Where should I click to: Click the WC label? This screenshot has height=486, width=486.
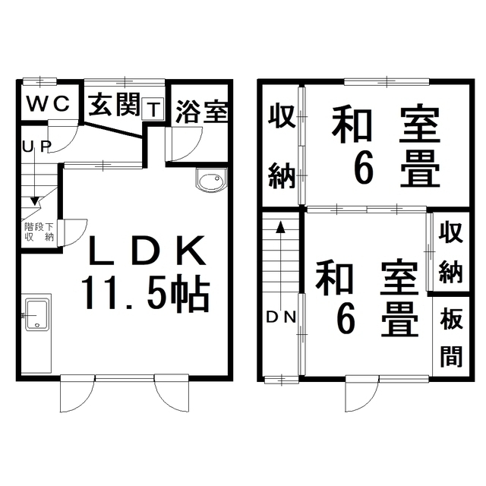[x=48, y=103]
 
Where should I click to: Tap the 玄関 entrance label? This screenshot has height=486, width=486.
[x=113, y=105]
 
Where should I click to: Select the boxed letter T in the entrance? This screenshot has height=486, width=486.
[x=153, y=109]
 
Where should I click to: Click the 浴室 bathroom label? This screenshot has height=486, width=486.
[x=202, y=112]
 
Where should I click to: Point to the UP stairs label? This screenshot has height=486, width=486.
[x=36, y=147]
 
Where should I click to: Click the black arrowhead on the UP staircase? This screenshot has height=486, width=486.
[x=35, y=201]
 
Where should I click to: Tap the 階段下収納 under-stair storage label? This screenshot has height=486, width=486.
[x=39, y=232]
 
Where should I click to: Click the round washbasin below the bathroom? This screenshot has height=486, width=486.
[x=211, y=181]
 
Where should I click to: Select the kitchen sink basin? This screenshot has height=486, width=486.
[x=37, y=314]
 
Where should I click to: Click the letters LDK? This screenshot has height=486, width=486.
[x=147, y=251]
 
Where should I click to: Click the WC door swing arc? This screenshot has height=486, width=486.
[x=63, y=137]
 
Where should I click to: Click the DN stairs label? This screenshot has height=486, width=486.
[x=281, y=317]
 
